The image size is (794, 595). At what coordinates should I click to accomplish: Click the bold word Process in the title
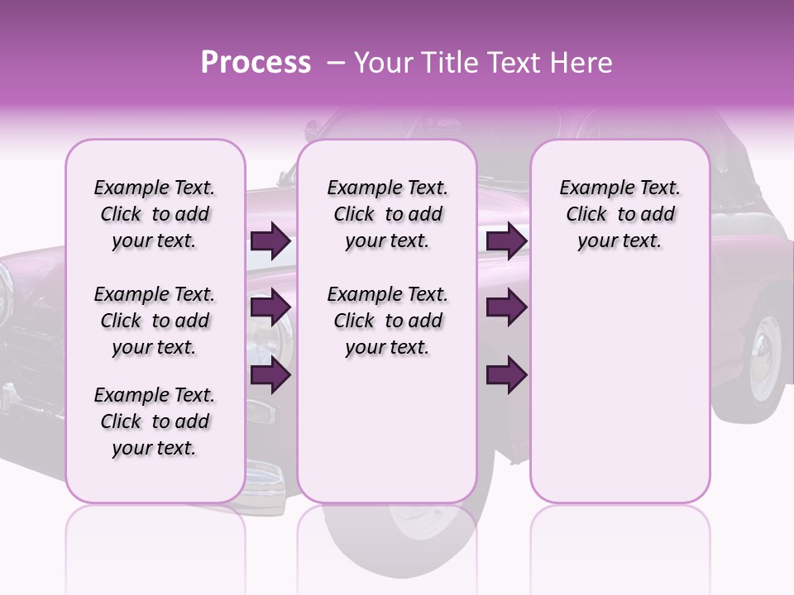tap(256, 63)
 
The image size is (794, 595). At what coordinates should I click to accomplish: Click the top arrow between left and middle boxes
tap(270, 241)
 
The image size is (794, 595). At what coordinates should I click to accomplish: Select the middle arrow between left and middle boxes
tap(270, 308)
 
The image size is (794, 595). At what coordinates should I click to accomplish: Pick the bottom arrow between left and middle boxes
tap(270, 375)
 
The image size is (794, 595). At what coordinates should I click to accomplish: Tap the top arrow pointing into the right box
tap(506, 241)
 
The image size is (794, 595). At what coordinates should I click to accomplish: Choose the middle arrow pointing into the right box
tap(506, 308)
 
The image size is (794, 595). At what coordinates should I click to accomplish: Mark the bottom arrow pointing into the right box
tap(506, 375)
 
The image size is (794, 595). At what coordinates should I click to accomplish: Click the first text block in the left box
tap(155, 214)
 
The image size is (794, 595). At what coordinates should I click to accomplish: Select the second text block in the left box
tap(155, 321)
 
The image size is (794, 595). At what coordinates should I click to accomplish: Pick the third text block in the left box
tap(155, 421)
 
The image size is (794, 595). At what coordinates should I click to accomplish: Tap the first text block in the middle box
tap(387, 214)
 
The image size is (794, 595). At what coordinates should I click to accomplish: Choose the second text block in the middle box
tap(387, 321)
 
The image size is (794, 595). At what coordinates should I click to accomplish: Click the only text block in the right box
tap(619, 214)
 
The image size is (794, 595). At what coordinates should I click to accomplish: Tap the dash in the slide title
tap(336, 64)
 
